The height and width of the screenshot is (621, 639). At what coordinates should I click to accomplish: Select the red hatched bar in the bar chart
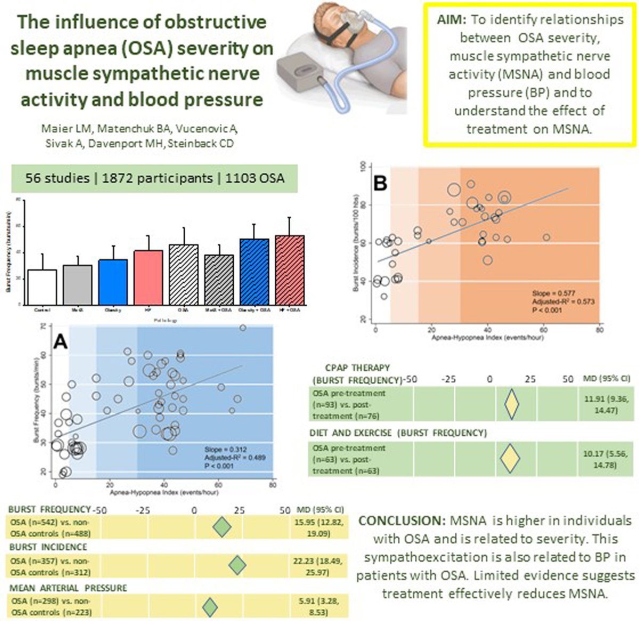290,270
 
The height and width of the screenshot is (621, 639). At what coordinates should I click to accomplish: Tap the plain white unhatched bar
42,287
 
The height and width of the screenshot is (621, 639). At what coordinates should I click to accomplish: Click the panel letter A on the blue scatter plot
61,342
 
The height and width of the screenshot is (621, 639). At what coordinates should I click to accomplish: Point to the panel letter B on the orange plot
381,183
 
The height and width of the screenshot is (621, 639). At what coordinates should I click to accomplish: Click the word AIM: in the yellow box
452,20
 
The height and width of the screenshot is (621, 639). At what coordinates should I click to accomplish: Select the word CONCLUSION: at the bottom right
402,521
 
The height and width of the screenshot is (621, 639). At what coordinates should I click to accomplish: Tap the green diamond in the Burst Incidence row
237,566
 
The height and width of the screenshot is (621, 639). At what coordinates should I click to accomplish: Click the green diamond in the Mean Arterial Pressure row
210,607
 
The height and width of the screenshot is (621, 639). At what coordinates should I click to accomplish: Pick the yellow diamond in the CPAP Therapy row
511,404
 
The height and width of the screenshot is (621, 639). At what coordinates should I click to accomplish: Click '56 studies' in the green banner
57,178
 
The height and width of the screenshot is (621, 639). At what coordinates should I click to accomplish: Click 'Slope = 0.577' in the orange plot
551,294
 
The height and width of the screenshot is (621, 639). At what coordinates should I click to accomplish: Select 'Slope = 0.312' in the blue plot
225,449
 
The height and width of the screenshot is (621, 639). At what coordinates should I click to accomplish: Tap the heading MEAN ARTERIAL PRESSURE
68,588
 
